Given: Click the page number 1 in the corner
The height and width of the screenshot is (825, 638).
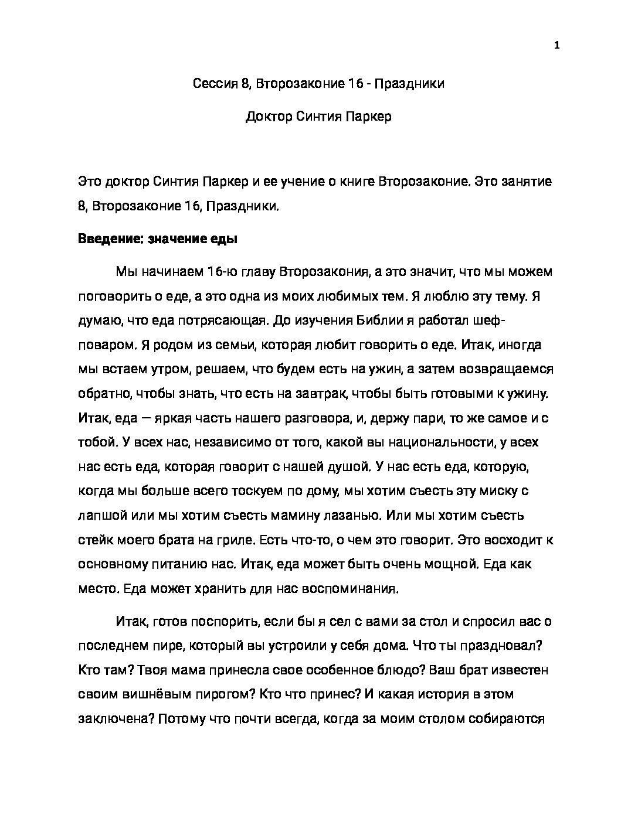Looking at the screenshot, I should pos(556,46).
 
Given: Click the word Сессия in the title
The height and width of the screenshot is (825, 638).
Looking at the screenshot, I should pos(214,84).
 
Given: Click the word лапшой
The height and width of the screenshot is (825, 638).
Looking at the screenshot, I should pos(103,516).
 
